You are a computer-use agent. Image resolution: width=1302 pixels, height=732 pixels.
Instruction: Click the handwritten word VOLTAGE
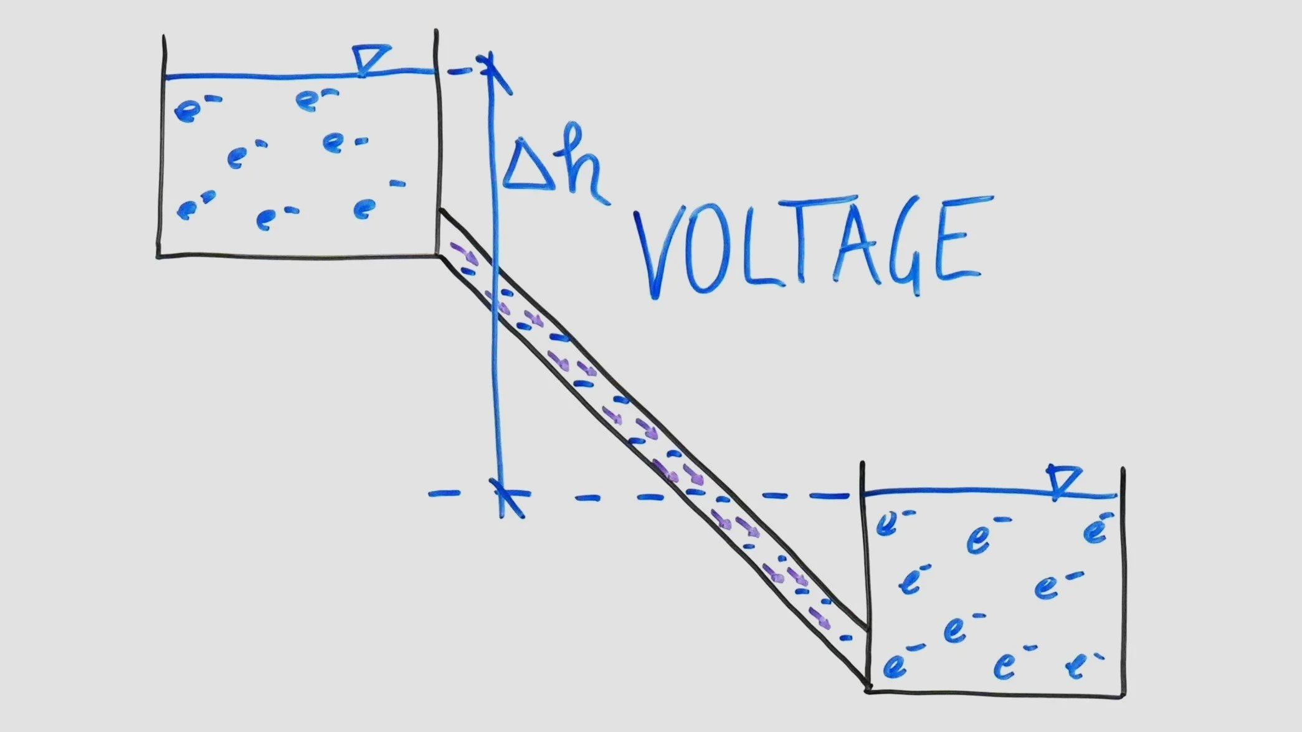click(x=810, y=246)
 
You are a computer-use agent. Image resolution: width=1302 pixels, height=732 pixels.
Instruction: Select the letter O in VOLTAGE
click(x=707, y=255)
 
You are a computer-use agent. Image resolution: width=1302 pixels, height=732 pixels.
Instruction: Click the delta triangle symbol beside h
click(x=530, y=165)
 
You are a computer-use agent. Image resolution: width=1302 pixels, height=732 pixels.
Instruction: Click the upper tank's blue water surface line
click(x=262, y=77)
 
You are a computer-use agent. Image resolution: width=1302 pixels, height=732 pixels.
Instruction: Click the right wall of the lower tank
click(x=1123, y=579)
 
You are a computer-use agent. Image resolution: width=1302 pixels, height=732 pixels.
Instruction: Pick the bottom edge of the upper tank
click(x=299, y=255)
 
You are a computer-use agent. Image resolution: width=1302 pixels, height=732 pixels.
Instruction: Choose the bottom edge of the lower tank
click(x=997, y=692)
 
